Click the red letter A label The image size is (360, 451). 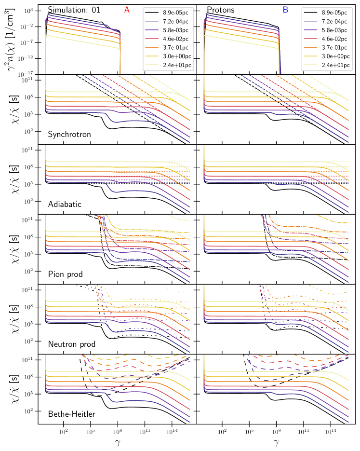[127, 9]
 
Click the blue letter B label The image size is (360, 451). [286, 9]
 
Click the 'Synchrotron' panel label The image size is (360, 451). [69, 135]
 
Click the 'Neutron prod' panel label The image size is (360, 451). [72, 344]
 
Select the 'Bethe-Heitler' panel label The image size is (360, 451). [71, 414]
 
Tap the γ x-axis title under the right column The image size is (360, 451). [276, 442]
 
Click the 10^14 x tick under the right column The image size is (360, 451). [331, 432]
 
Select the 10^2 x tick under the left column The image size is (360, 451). [63, 432]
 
